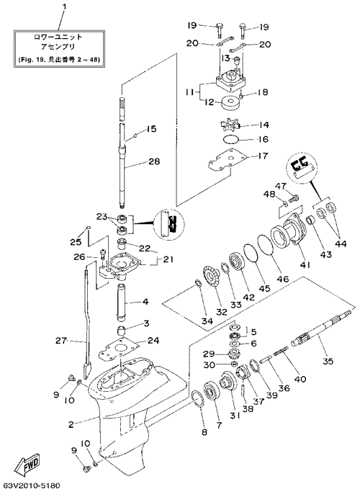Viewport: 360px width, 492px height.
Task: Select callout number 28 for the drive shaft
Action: click(154, 161)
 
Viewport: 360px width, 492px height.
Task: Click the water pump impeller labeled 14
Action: click(231, 125)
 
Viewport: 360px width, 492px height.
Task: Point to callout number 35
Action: click(328, 361)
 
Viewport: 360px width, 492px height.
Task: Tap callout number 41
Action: click(304, 265)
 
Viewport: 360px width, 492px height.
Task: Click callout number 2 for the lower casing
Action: click(71, 424)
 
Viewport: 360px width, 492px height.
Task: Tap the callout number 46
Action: click(282, 279)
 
